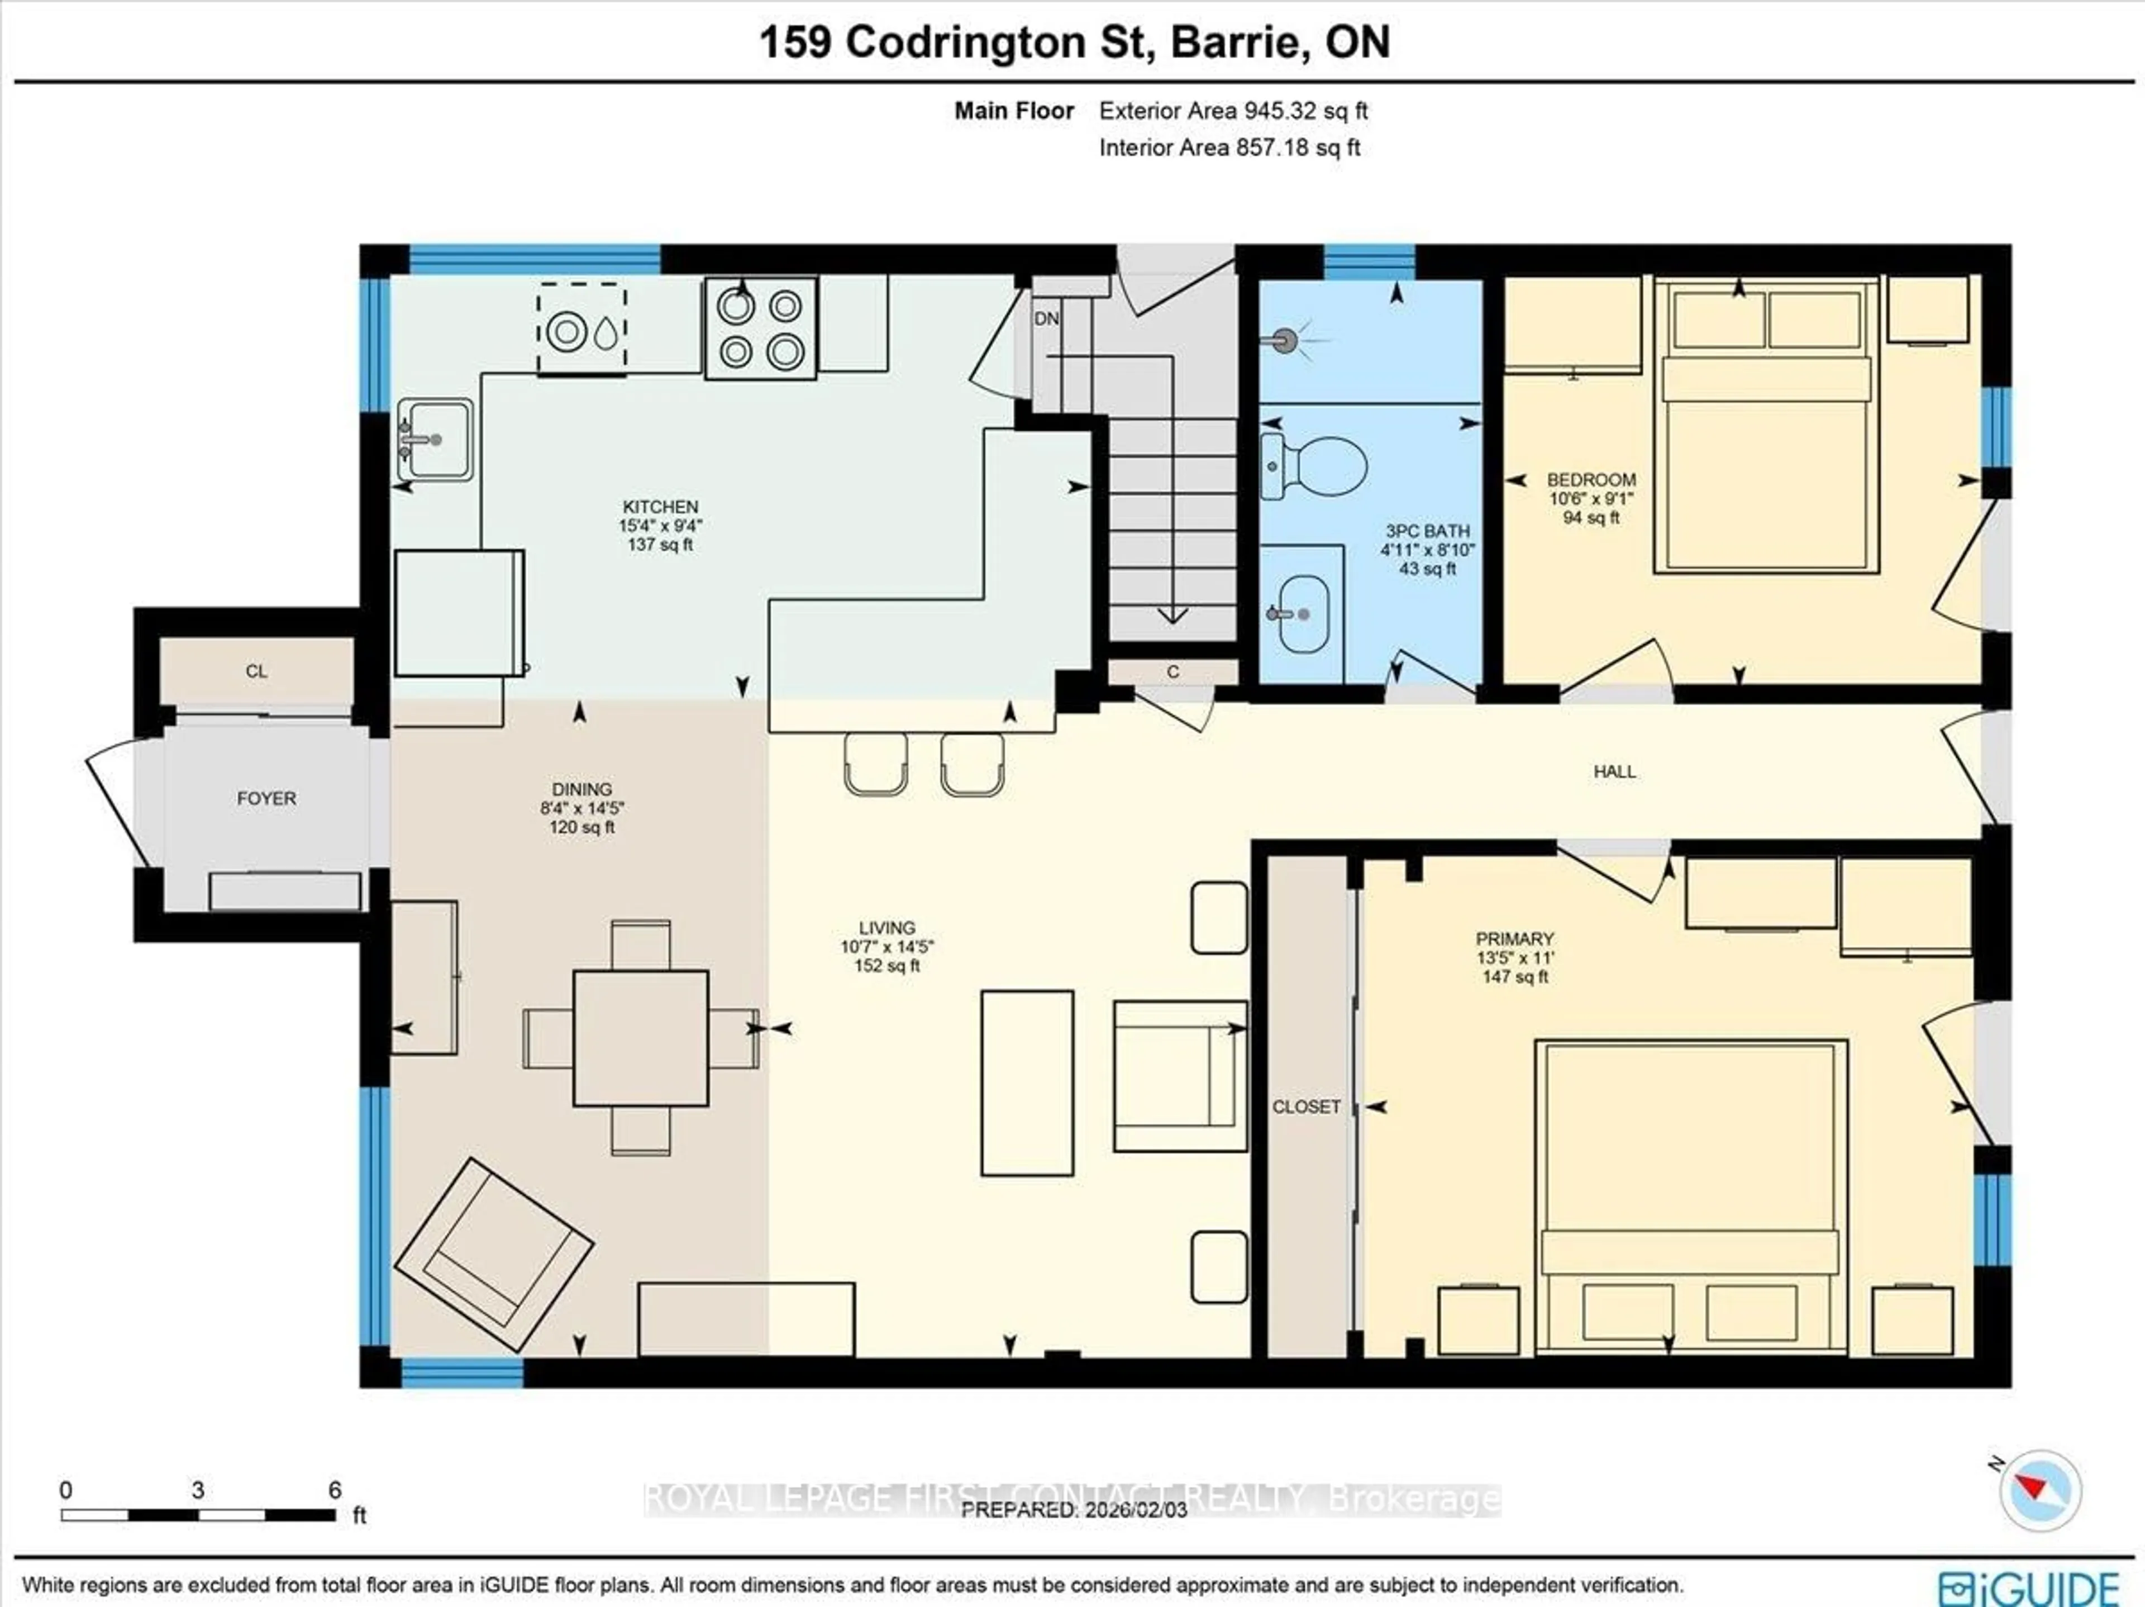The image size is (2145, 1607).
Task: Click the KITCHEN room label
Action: tap(660, 506)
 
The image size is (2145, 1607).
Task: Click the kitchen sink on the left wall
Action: tap(435, 440)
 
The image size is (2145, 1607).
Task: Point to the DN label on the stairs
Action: tap(1046, 318)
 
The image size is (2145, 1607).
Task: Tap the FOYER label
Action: tap(266, 798)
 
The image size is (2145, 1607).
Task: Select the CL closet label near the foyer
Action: tap(256, 671)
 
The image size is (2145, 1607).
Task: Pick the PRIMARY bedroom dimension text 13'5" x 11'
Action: tap(1515, 957)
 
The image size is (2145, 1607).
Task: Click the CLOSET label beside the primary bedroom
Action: tap(1306, 1107)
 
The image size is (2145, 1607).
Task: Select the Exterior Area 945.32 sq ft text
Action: tap(1232, 111)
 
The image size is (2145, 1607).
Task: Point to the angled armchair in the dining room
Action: tap(493, 1255)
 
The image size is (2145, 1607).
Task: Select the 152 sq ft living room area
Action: tap(886, 966)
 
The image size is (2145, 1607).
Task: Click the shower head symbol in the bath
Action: tap(1284, 341)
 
